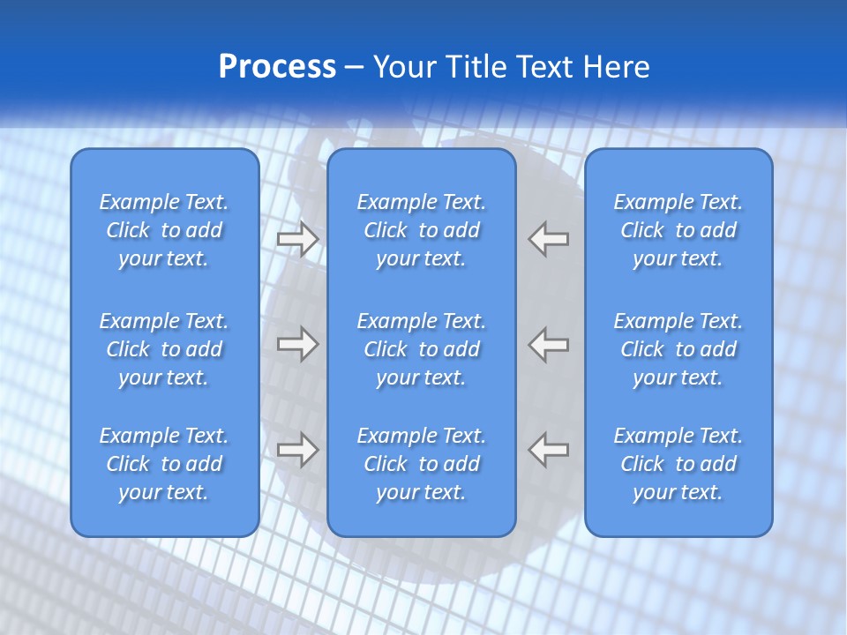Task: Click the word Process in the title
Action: point(277,67)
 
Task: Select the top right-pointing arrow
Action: point(297,238)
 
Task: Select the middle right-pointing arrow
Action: point(297,344)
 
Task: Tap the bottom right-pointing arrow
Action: point(297,450)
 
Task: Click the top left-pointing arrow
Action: point(549,238)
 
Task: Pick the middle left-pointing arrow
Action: point(549,344)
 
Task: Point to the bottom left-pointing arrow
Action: point(549,450)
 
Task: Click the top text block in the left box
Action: point(164,230)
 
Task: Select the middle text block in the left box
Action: point(164,349)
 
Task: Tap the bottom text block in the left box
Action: point(164,464)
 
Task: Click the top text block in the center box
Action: point(422,230)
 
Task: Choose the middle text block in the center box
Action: point(422,349)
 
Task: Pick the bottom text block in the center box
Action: point(422,464)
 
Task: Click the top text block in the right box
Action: point(678,230)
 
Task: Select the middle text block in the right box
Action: point(678,349)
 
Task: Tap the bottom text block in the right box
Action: point(678,464)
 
